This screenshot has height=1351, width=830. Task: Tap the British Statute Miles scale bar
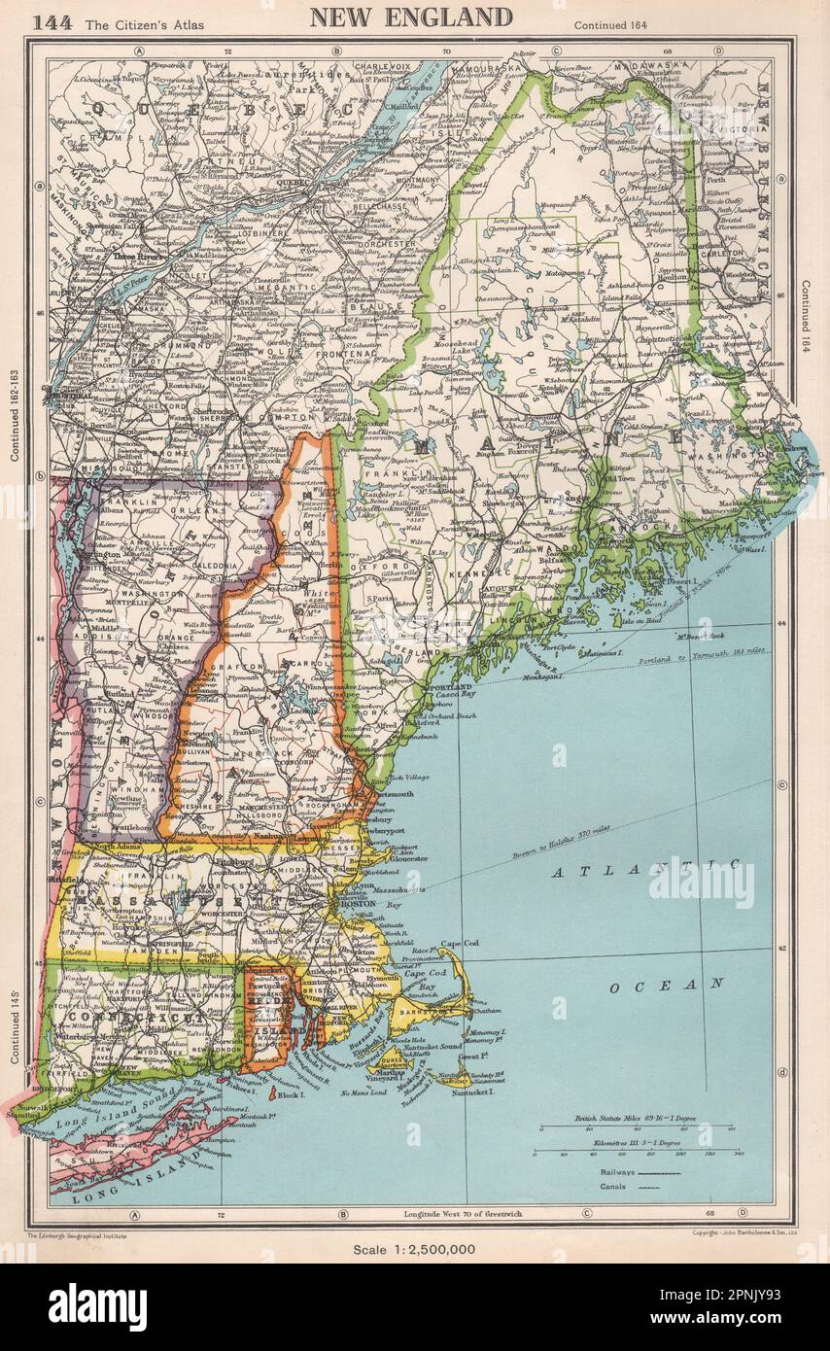point(636,1127)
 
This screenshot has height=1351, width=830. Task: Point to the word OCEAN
point(668,985)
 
